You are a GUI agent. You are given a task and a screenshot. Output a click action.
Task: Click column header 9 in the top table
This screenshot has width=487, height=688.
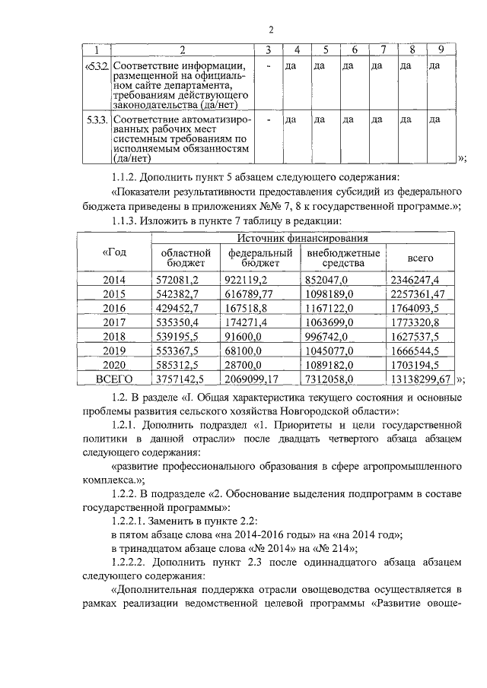(440, 50)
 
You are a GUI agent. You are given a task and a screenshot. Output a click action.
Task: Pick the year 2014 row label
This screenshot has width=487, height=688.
(113, 280)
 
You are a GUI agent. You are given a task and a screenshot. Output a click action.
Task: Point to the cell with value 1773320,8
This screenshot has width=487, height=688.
(415, 322)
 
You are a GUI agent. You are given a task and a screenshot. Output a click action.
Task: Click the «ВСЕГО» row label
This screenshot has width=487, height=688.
(113, 378)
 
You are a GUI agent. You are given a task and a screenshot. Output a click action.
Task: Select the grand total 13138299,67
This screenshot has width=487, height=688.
(419, 378)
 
